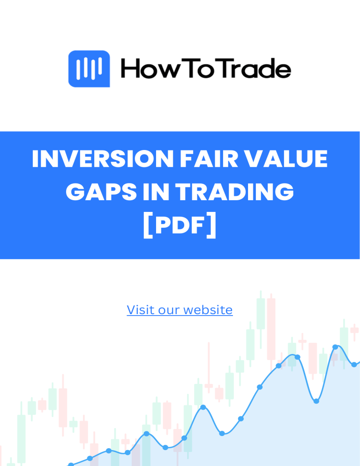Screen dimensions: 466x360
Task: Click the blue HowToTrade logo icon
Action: tap(89, 69)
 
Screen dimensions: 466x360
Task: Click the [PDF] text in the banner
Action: tap(180, 225)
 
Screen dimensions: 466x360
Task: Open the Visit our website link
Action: tap(180, 310)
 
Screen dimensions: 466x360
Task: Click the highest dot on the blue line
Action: tap(335, 347)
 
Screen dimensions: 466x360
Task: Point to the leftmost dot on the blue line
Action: tap(71, 465)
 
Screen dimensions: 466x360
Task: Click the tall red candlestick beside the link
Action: tap(271, 328)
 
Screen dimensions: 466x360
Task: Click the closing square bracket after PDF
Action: tap(212, 225)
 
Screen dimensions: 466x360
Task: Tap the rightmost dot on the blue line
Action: tap(354, 364)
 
